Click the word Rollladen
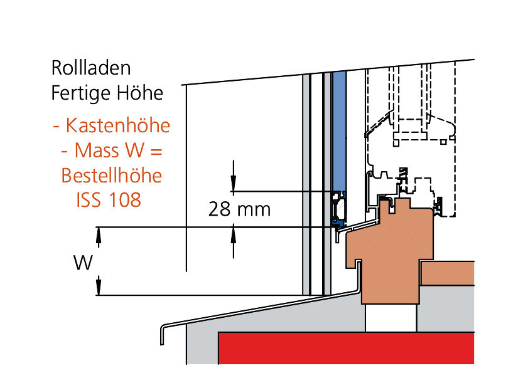[x=91, y=68]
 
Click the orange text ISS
[x=88, y=200]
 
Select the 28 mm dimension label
[x=239, y=209]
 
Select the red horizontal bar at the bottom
[x=345, y=348]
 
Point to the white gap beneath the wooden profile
[x=390, y=317]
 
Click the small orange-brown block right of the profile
[x=446, y=273]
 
